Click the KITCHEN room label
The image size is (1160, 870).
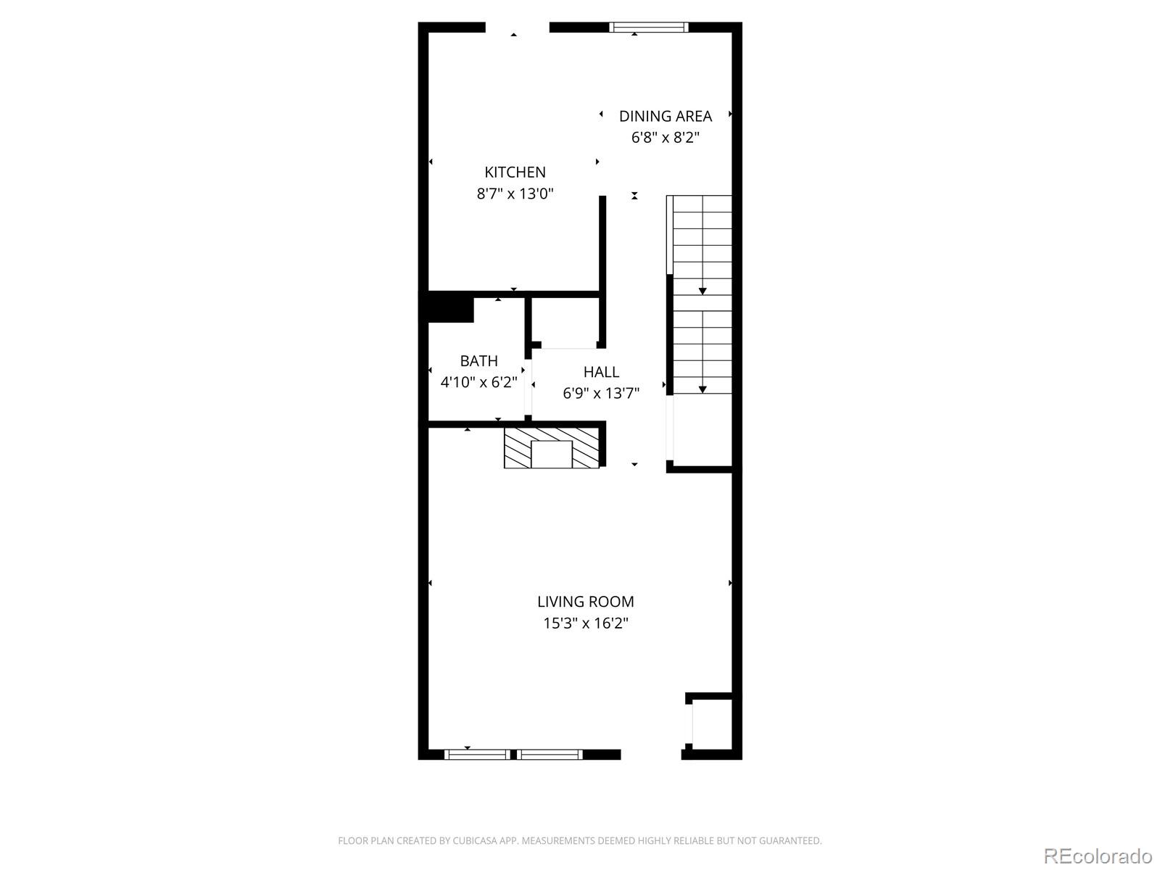point(515,172)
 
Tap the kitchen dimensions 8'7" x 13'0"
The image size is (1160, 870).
point(515,194)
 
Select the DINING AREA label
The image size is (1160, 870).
point(665,116)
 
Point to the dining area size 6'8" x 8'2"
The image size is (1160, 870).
point(665,137)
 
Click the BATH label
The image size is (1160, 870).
point(478,360)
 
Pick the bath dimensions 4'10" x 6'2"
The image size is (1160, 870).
point(478,381)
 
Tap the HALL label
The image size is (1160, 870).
point(601,372)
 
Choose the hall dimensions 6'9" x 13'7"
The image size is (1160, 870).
point(601,393)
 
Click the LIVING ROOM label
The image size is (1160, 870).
point(585,601)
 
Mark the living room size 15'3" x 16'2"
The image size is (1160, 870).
point(585,623)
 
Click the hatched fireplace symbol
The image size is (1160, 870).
point(552,448)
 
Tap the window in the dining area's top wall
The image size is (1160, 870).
point(648,28)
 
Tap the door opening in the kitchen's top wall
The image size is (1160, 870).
point(517,28)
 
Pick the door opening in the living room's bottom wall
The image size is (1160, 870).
point(650,755)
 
